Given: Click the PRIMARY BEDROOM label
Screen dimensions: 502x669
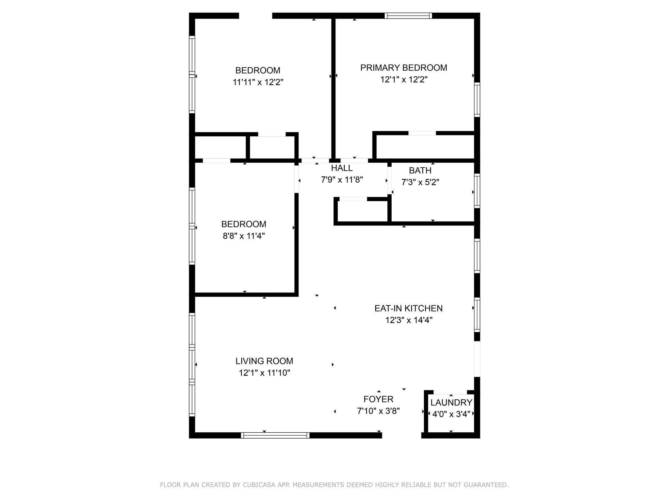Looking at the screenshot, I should [403, 68].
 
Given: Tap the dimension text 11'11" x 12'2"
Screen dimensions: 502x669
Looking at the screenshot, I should [258, 82].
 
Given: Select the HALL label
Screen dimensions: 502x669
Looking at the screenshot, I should [342, 168].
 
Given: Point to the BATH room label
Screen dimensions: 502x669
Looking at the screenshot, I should [420, 171].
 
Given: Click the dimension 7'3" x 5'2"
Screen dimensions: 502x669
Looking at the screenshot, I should [420, 182].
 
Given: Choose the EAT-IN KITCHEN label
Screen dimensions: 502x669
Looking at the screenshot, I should [408, 308].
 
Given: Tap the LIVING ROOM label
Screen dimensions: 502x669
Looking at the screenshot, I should [264, 361].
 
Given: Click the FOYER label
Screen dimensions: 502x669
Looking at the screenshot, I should [378, 399].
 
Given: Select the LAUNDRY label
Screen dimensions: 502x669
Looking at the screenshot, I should [451, 403].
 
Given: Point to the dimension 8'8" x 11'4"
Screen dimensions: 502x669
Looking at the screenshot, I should [244, 236].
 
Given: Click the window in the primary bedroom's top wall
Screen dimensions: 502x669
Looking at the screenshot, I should [408, 16].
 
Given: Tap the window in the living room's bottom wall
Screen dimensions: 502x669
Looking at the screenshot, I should [275, 435].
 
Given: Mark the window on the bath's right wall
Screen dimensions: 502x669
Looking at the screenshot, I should [477, 191].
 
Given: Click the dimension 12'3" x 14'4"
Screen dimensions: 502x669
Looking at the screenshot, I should [409, 320].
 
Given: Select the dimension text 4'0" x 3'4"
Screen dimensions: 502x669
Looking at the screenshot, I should [451, 414].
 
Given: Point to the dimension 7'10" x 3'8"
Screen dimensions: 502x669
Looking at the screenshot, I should [378, 411].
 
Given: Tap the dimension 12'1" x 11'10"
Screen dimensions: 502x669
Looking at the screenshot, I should [264, 373].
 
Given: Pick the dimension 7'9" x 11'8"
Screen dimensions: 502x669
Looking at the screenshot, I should [342, 180].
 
